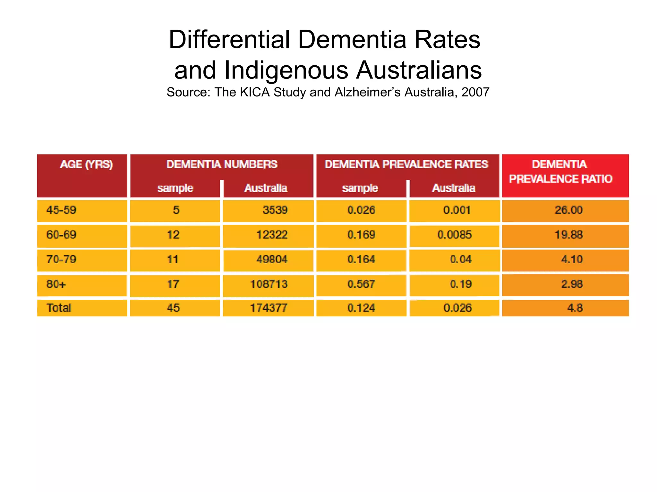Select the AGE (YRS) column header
click(86, 165)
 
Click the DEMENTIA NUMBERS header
click(222, 164)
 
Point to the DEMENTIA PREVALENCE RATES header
click(406, 164)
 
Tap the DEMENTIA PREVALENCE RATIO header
click(560, 172)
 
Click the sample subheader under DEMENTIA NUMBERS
click(175, 188)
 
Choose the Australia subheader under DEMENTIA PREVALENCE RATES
click(454, 188)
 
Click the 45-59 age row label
click(61, 210)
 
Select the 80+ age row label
click(56, 284)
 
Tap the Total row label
click(59, 308)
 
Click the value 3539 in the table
click(275, 210)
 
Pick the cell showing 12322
click(272, 235)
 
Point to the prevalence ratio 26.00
click(568, 210)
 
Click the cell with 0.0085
click(454, 235)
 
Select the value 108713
click(269, 284)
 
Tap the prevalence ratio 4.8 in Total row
click(575, 308)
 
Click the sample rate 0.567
click(361, 284)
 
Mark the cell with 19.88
click(568, 235)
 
